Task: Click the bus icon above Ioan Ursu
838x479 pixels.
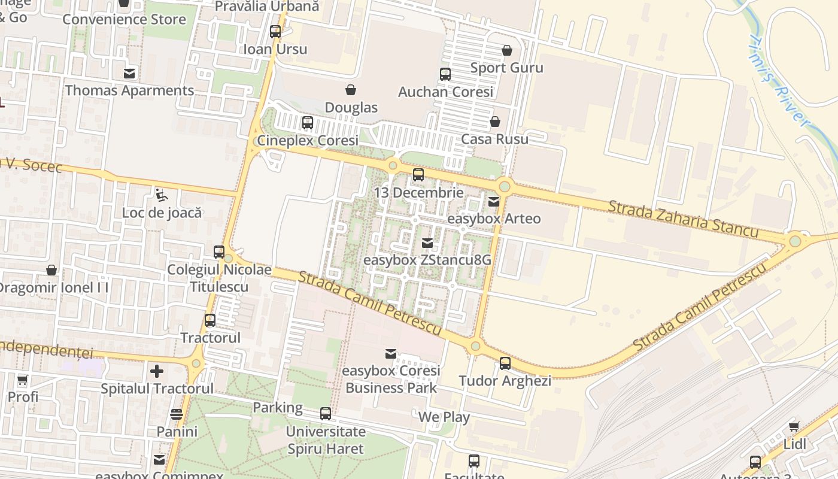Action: [275, 32]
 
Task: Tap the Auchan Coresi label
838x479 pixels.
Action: [446, 92]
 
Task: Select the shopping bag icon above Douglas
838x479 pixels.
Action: [351, 90]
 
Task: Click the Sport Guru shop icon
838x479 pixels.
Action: [507, 50]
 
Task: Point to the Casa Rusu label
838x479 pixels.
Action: [494, 139]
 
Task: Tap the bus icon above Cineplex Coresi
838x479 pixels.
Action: [308, 123]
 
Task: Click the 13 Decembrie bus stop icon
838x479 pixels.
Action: [418, 175]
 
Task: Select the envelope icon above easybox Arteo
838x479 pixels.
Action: [494, 202]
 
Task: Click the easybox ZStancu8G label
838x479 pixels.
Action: [427, 260]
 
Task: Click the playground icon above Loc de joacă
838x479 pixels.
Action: [161, 195]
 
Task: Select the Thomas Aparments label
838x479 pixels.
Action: [129, 90]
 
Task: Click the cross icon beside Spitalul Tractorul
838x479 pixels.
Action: [157, 371]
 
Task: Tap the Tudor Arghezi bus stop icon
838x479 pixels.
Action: [505, 363]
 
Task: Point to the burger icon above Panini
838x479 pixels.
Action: [177, 414]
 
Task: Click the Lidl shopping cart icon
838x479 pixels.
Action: [794, 427]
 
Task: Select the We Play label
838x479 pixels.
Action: [444, 417]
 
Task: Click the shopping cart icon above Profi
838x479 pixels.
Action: [23, 380]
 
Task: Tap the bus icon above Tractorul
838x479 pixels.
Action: [210, 320]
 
